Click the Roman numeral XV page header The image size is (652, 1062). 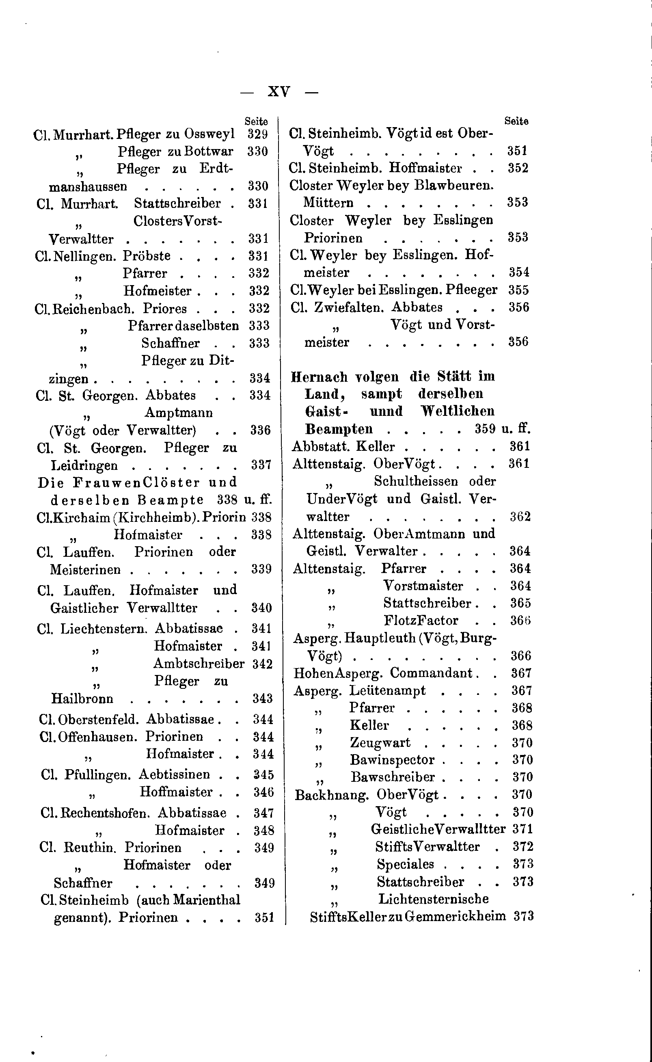point(279,91)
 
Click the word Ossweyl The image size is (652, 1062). point(209,134)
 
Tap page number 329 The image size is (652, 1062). point(258,134)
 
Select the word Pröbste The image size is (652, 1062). point(147,256)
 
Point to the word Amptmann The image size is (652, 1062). point(179,413)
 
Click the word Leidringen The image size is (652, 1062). point(84,465)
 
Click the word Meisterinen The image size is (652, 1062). point(85,570)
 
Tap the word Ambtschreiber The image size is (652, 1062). point(199,664)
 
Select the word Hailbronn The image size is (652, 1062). point(82,699)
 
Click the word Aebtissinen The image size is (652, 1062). point(174,774)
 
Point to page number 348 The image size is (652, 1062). point(264,831)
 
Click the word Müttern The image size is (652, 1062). point(328,203)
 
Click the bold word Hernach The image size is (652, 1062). point(319,377)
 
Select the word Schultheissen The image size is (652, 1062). point(416,481)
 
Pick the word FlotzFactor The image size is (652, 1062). point(421,620)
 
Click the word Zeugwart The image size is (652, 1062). point(380,742)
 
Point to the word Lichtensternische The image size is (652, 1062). point(433,899)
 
